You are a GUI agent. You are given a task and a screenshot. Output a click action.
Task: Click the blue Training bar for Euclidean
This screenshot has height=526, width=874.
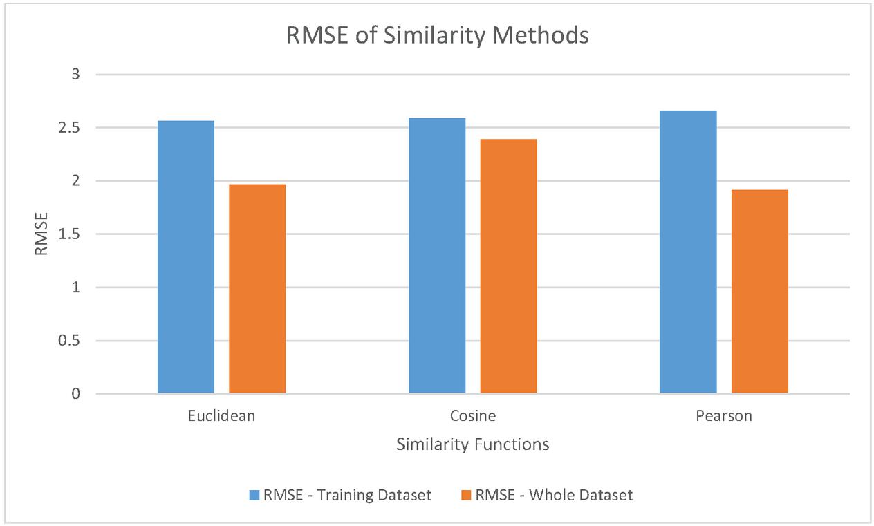click(186, 257)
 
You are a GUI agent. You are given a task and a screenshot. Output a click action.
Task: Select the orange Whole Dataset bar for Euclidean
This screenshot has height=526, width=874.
click(257, 289)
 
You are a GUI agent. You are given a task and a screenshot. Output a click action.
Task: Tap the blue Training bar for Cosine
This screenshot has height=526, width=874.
click(437, 256)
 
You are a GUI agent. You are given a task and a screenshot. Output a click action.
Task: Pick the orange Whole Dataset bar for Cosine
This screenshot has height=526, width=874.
click(508, 266)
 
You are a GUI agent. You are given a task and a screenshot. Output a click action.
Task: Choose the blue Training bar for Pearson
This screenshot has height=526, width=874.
click(688, 252)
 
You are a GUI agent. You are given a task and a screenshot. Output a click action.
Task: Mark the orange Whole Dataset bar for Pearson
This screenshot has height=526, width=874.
click(759, 292)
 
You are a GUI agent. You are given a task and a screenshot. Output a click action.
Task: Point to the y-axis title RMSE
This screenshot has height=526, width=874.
click(41, 234)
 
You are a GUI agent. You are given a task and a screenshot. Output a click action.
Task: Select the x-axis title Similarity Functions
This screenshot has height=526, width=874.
click(473, 444)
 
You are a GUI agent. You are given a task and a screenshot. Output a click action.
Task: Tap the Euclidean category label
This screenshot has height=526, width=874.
click(221, 416)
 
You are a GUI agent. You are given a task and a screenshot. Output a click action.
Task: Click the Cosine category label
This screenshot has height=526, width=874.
click(473, 416)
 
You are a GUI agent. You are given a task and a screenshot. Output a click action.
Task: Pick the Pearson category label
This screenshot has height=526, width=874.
click(724, 416)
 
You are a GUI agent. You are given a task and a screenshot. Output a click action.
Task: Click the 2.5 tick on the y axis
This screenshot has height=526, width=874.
click(71, 128)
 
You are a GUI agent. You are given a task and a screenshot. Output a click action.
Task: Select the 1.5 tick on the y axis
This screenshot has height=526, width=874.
click(71, 234)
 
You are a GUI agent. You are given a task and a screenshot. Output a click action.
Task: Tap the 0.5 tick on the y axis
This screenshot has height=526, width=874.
click(71, 341)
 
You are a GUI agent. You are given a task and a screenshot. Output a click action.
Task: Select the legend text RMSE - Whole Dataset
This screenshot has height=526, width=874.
click(553, 495)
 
